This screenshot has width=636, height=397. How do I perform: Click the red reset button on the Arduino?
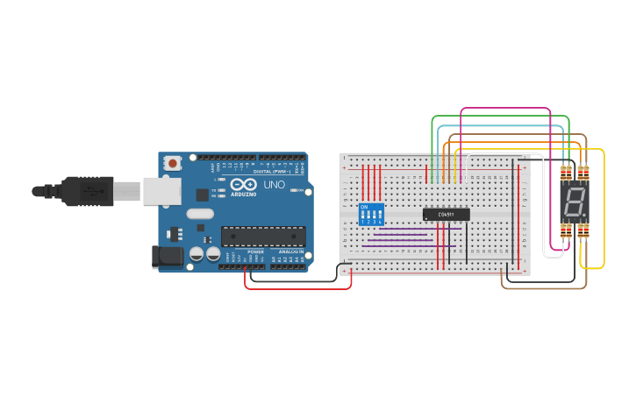(174, 162)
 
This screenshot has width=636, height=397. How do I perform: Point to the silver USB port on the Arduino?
(163, 190)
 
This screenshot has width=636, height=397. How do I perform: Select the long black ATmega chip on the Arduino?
(262, 235)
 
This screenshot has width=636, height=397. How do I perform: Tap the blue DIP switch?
(372, 215)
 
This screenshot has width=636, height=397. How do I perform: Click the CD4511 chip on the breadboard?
(446, 214)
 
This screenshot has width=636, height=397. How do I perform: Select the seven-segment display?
(575, 202)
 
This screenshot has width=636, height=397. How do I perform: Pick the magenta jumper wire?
(505, 109)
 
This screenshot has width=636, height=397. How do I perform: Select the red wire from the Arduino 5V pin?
(298, 288)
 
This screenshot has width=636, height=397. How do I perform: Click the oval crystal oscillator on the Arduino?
(200, 213)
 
